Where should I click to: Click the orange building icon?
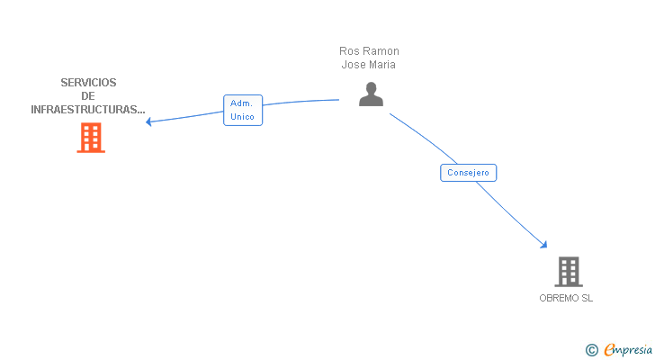[91, 138]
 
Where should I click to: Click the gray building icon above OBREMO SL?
[568, 271]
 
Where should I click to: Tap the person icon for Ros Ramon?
[371, 94]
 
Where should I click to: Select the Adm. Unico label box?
[243, 110]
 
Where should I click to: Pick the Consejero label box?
[468, 172]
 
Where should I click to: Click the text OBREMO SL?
[566, 298]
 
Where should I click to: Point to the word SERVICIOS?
[88, 83]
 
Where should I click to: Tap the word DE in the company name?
[88, 96]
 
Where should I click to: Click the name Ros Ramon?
[369, 51]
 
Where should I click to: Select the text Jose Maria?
[369, 65]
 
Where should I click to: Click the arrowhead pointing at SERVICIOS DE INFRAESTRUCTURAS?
[149, 121]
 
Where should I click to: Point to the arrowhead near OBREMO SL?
[543, 244]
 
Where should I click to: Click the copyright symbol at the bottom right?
[591, 350]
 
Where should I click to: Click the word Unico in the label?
[243, 117]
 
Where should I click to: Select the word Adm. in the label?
[242, 103]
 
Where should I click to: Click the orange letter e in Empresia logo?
[609, 350]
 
